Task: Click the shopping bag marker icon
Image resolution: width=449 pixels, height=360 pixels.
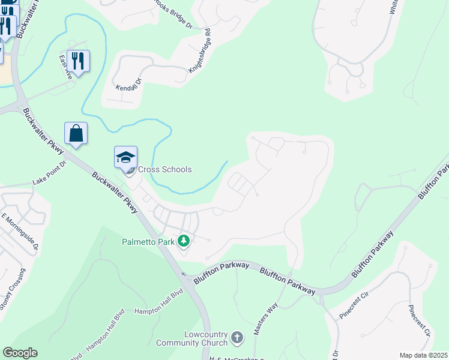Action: click(76, 133)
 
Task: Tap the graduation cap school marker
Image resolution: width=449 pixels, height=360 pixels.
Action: click(125, 157)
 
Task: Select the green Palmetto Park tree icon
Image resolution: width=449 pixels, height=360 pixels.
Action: click(183, 242)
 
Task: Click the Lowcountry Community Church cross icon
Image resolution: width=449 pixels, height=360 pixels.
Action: click(237, 338)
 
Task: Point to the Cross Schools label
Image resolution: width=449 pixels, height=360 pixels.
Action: click(165, 170)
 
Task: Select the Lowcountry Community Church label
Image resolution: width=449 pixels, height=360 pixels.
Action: click(192, 338)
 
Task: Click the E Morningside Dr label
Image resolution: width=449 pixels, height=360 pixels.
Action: click(20, 231)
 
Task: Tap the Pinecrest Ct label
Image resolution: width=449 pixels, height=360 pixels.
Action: click(420, 322)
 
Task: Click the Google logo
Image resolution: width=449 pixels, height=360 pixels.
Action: click(20, 353)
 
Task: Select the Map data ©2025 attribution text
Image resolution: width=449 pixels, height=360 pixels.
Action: click(423, 355)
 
